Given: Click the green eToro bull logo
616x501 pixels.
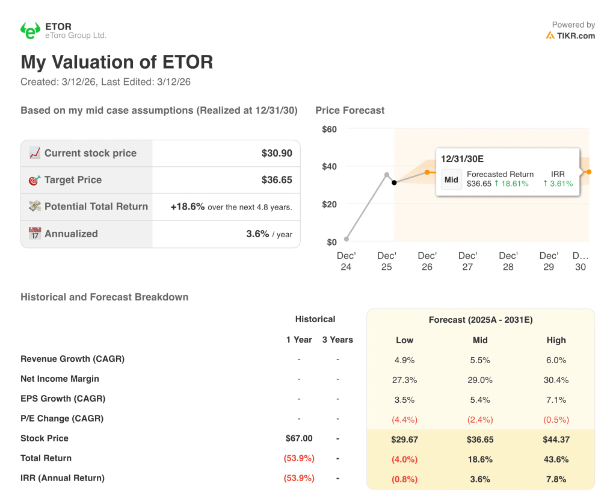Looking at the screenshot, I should (30, 31).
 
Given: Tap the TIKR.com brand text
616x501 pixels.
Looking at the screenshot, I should (576, 36).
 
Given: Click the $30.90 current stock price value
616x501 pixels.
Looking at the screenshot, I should (277, 154).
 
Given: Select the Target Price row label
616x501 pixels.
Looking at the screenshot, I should (73, 180).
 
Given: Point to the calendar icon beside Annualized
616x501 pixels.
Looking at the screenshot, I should (35, 234).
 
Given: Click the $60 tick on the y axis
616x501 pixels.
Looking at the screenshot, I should (329, 129).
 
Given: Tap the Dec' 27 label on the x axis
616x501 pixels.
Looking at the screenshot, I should (467, 261).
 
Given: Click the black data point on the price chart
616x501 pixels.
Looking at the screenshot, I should (394, 182).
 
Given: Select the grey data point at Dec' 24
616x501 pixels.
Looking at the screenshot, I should (346, 239).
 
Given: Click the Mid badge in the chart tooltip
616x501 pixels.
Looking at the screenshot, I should (451, 179).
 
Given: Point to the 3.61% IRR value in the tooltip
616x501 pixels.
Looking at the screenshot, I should (558, 184).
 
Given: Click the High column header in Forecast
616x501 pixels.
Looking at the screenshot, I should (556, 340).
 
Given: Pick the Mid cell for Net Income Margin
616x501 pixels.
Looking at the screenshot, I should (479, 380).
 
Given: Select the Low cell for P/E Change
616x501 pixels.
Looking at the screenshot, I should (404, 420).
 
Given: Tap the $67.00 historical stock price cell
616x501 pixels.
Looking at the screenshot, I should (299, 438).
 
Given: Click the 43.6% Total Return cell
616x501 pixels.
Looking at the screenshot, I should (556, 459).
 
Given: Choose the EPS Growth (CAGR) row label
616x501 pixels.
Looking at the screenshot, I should (63, 399).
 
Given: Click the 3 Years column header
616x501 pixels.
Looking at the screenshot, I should (337, 340).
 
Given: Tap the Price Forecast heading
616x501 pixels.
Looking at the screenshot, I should (350, 110).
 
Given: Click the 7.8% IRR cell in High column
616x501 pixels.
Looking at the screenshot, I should (556, 479).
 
